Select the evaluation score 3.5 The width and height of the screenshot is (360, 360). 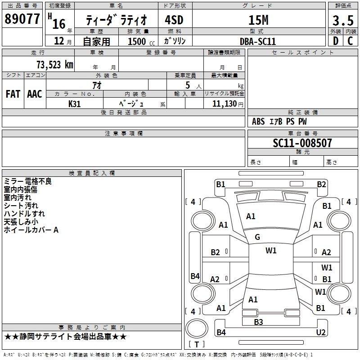pyautogui.click(x=342, y=21)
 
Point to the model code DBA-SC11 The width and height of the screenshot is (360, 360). pyautogui.click(x=258, y=41)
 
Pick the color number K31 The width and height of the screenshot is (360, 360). pyautogui.click(x=75, y=103)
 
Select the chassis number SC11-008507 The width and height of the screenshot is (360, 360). pyautogui.click(x=302, y=143)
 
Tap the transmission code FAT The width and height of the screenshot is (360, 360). pyautogui.click(x=13, y=94)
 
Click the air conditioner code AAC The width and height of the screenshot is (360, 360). pyautogui.click(x=35, y=94)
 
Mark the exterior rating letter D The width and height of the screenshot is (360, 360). pyautogui.click(x=335, y=41)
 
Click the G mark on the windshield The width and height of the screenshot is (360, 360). pyautogui.click(x=257, y=237)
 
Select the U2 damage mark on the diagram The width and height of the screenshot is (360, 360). pyautogui.click(x=321, y=332)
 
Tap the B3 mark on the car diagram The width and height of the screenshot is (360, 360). pyautogui.click(x=258, y=322)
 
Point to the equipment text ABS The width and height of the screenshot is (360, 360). pyautogui.click(x=258, y=121)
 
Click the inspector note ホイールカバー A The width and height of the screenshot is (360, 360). pyautogui.click(x=31, y=230)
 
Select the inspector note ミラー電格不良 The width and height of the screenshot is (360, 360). pyautogui.click(x=28, y=181)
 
